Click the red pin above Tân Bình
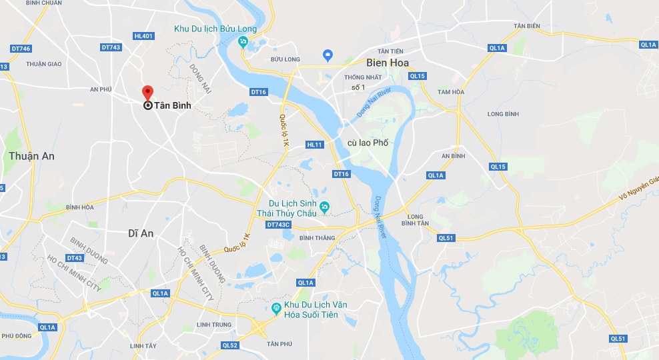(x=147, y=93)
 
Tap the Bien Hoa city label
(x=387, y=63)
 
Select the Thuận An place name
(x=31, y=156)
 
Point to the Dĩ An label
(x=141, y=233)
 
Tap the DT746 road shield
(x=21, y=49)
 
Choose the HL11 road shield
(x=314, y=145)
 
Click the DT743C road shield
(x=278, y=225)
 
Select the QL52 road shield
(x=230, y=345)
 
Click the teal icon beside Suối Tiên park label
(x=275, y=307)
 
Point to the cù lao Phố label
(x=368, y=143)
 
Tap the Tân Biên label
(x=526, y=26)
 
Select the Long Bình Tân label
(x=416, y=219)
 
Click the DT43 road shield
(x=74, y=258)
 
